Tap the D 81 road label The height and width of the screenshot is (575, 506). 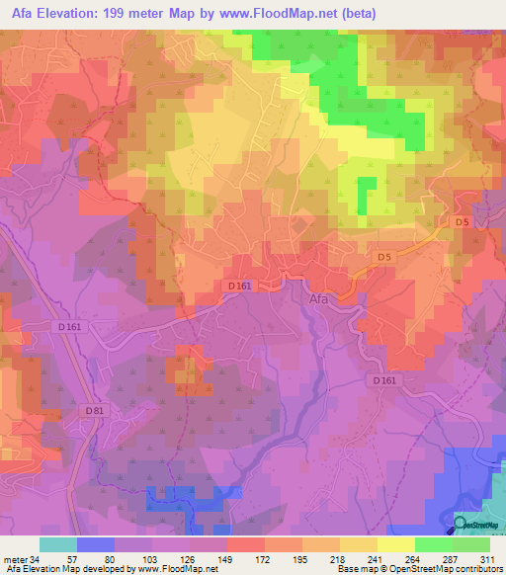95,411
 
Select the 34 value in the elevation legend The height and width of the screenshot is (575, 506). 35,559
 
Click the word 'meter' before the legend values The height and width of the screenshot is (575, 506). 15,559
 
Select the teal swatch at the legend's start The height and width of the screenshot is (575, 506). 58,544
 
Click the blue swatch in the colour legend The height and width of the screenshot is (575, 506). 96,544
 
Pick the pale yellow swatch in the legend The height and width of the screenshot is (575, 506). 396,544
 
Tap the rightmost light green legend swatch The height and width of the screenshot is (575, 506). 471,544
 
